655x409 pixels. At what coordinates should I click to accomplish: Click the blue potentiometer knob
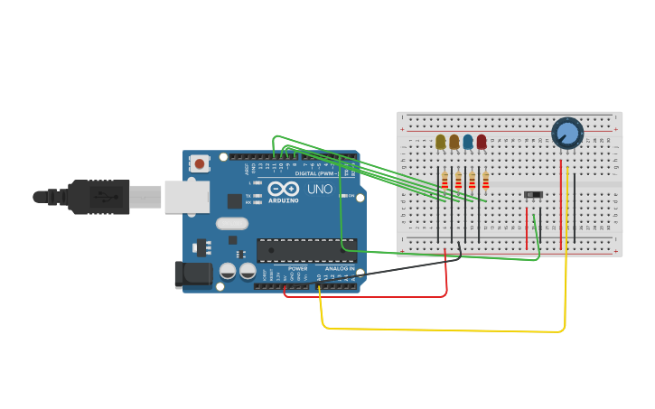566,133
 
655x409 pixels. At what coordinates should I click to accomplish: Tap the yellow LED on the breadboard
441,142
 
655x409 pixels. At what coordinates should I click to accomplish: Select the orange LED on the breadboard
454,142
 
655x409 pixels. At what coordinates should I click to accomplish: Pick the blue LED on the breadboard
468,142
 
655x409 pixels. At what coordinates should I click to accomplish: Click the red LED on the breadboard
482,142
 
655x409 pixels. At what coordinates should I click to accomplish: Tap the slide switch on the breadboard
533,194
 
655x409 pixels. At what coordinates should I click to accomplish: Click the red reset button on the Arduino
200,163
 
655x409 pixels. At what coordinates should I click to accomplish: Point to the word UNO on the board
321,191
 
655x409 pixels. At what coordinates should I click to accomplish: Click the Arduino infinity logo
282,190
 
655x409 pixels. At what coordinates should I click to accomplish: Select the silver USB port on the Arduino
186,197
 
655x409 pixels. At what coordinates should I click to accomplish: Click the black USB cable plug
99,197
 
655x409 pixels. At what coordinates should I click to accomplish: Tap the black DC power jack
192,274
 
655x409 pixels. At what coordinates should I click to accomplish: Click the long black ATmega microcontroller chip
306,250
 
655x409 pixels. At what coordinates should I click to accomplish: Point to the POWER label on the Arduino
298,268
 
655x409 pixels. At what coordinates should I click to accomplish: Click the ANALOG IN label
340,268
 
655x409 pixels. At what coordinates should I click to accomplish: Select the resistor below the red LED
485,181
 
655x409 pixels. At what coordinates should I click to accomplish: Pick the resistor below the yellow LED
444,181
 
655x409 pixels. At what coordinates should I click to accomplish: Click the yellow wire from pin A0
443,330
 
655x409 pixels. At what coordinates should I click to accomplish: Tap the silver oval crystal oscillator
231,223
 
